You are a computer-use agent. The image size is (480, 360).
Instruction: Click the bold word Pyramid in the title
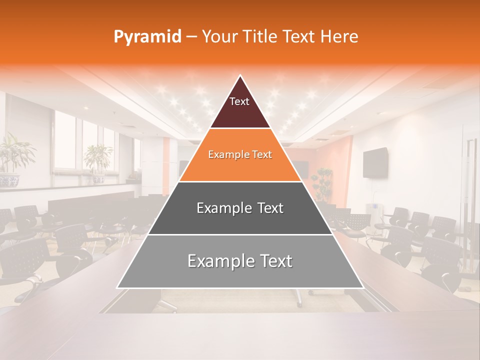point(147,37)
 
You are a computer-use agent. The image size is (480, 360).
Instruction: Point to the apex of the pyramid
point(240,76)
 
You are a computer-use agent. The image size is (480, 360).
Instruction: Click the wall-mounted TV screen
point(375,162)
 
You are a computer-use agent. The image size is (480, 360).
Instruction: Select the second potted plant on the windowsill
point(98,159)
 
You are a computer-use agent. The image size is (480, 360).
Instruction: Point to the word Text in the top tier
point(239,101)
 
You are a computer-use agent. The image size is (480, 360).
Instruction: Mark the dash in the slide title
point(191,37)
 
